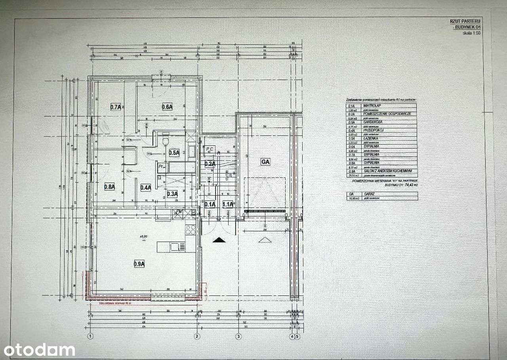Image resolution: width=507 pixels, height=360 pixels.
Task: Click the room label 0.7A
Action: [115, 107]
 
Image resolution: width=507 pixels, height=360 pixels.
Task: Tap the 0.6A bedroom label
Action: [167, 107]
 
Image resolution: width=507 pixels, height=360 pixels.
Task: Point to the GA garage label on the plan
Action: [265, 162]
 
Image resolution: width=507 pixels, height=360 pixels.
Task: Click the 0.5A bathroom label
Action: [174, 152]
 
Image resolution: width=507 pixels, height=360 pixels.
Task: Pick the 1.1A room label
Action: [228, 204]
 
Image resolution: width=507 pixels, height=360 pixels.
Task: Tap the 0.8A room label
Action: [109, 187]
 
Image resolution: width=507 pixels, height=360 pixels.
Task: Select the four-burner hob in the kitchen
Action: [191, 230]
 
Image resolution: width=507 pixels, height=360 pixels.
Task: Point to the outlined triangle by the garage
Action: [264, 240]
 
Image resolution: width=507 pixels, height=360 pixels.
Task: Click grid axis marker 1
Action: [90, 337]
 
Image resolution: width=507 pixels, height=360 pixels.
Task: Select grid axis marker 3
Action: [238, 337]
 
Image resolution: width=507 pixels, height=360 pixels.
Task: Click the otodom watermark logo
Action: [39, 350]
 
